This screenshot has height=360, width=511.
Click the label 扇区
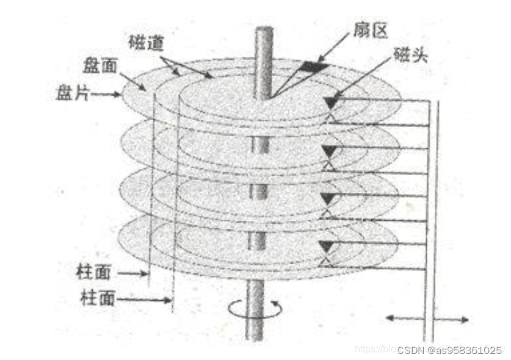371,31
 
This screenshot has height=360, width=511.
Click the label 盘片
71,93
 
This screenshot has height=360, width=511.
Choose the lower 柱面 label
98,299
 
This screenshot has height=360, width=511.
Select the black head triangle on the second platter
330,150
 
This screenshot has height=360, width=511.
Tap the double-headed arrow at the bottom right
427,319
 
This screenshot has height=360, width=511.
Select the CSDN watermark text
450,350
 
